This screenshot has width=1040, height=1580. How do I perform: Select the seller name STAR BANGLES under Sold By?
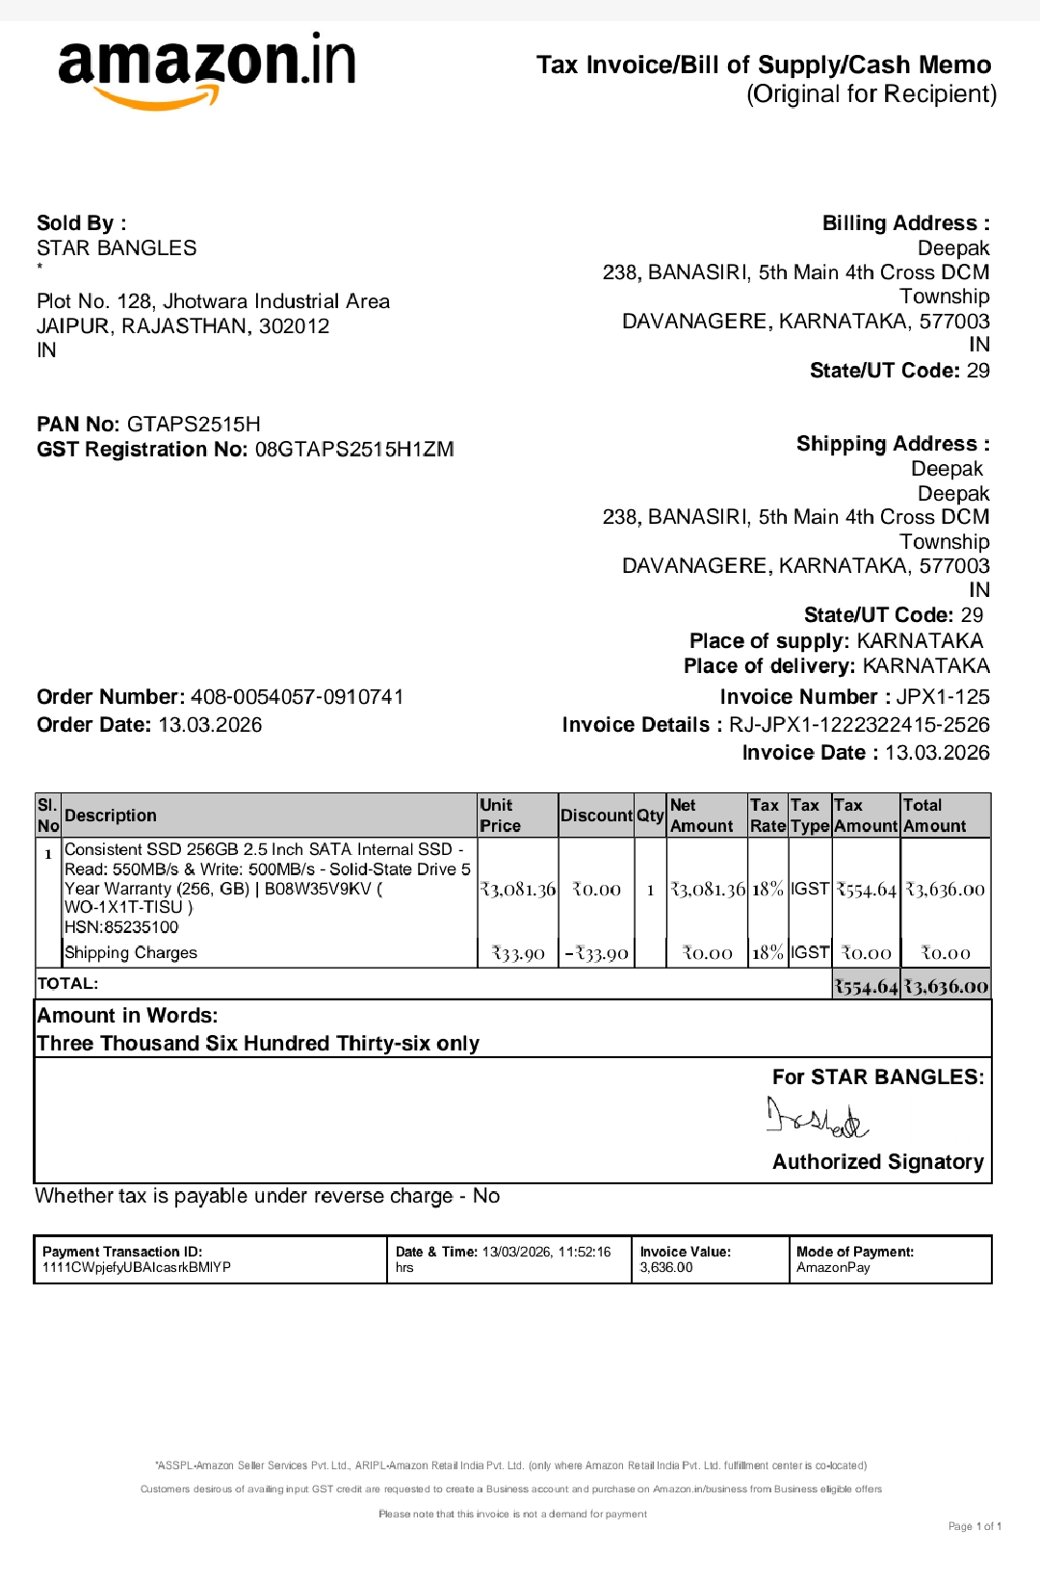point(117,248)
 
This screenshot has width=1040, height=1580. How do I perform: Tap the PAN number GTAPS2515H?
point(194,425)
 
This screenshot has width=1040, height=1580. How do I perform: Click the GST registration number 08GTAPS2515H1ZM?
point(354,450)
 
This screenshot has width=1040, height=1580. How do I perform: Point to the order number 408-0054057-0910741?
point(297,697)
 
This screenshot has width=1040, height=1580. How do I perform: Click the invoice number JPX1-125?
point(942,697)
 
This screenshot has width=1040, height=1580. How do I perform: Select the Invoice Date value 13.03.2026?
point(937,753)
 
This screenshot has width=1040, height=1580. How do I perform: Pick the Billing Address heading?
point(905,223)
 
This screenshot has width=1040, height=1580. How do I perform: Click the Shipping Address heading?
point(893,444)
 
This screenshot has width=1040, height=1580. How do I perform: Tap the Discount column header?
point(596,816)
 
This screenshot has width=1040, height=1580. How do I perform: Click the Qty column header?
point(650,816)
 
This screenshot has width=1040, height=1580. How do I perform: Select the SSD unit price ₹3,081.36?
point(518,890)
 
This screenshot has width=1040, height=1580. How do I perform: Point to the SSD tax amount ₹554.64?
point(866,890)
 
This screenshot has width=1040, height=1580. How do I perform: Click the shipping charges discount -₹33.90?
point(596,953)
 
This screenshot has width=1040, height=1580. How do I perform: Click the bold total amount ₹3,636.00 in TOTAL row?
point(946,986)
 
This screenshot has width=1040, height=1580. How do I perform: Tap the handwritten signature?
point(817,1118)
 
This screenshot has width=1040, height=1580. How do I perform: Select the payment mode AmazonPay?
point(833,1267)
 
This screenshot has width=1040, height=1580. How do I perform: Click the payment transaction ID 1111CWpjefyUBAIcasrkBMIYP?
point(137,1267)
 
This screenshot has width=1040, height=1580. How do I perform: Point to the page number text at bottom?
point(975,1526)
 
